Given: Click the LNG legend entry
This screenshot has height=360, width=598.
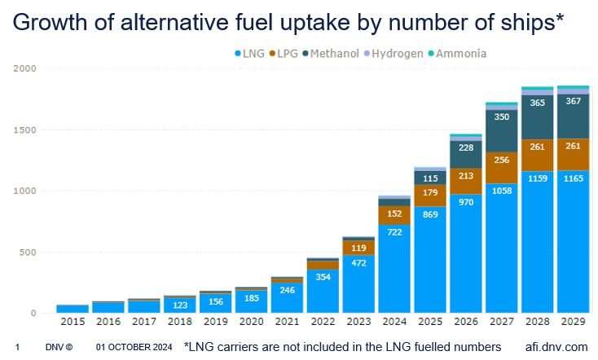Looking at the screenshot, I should point(252,54).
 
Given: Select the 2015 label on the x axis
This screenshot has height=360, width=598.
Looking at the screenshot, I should point(73,323).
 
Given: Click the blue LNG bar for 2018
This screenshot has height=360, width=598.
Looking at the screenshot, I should point(180,305).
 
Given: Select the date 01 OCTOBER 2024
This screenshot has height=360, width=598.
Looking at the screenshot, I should point(134,347).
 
